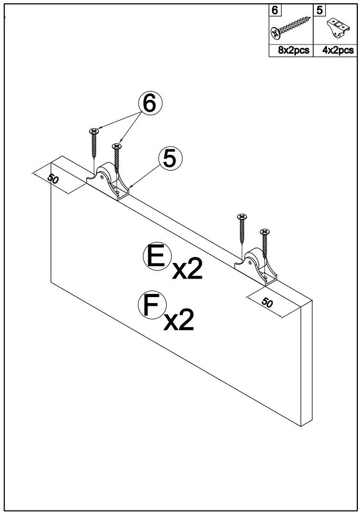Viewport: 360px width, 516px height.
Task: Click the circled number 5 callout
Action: pyautogui.click(x=170, y=159)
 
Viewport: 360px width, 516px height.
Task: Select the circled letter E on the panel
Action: pyautogui.click(x=154, y=256)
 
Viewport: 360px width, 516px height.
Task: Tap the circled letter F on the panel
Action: pyautogui.click(x=148, y=305)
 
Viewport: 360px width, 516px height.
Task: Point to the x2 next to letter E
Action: pyautogui.click(x=186, y=270)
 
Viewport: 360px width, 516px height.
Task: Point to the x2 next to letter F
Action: pyautogui.click(x=179, y=320)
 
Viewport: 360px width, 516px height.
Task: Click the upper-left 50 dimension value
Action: pyautogui.click(x=53, y=180)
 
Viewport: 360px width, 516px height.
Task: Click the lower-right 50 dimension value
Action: pyautogui.click(x=267, y=303)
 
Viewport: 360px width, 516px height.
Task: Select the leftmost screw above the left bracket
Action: pyautogui.click(x=94, y=144)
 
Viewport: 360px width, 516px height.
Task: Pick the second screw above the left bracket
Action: pyautogui.click(x=116, y=161)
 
